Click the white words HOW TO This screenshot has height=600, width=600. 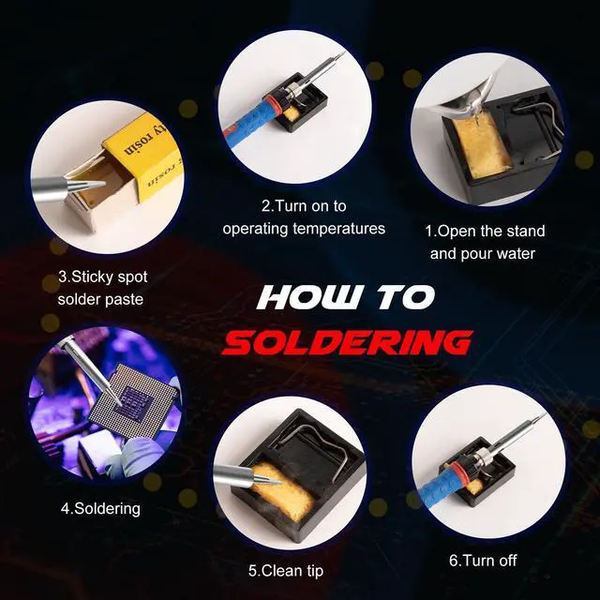346,298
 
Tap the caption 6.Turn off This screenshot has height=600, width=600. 483,561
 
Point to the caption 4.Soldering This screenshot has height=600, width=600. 100,508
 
